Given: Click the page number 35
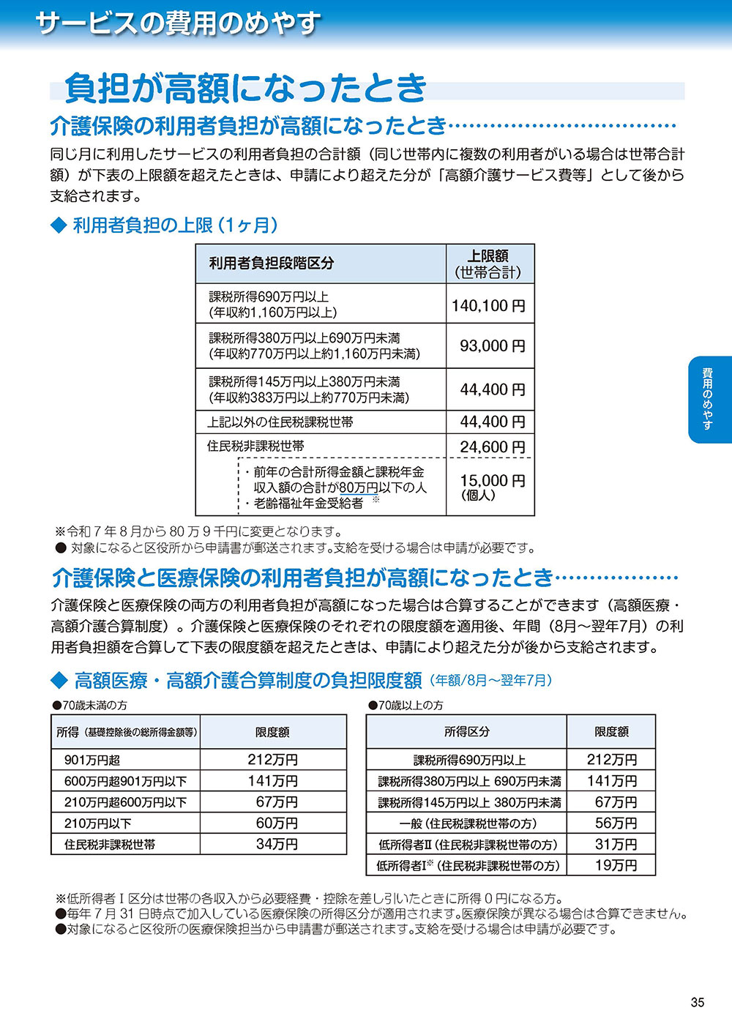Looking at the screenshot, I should coord(697,1002).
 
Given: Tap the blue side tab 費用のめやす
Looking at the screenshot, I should coord(709,399).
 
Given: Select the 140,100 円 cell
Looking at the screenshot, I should coord(489,305).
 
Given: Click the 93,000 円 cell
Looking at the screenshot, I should coord(492,345).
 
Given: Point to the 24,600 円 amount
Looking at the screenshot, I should coord(492,446).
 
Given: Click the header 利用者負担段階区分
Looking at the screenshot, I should coord(272,264).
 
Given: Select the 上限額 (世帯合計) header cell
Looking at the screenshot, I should coord(489,264).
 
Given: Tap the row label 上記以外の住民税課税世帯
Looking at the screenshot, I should coord(280,422).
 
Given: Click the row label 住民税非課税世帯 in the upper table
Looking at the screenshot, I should coord(255,446).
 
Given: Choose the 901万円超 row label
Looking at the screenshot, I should coord(92,761).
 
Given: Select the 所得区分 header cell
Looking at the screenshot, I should coord(467,731).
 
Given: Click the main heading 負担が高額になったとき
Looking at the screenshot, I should coord(246,89).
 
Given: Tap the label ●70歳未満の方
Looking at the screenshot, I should coord(89,705).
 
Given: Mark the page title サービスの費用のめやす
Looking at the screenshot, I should coord(178,23).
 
